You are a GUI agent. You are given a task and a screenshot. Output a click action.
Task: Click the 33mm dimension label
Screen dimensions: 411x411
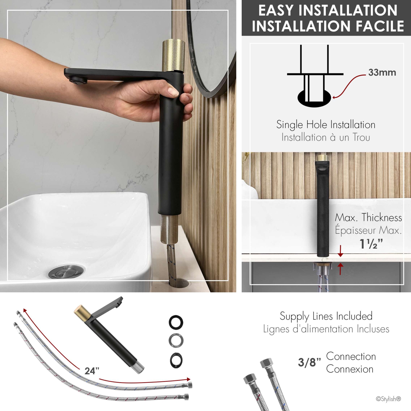[382, 73]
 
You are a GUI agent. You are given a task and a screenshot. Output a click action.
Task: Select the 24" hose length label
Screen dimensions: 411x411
[92, 371]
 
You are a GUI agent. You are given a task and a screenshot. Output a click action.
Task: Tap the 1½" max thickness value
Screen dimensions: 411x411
[371, 244]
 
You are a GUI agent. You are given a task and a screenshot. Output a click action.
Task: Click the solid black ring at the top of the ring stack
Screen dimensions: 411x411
[176, 322]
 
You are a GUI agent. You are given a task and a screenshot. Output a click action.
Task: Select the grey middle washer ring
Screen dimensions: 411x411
[176, 341]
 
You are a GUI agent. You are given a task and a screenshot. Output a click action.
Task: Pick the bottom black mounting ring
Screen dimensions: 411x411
[176, 360]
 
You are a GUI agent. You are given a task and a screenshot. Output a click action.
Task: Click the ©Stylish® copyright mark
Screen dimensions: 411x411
[388, 399]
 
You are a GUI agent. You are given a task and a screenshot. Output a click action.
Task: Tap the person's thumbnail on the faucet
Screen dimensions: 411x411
[173, 92]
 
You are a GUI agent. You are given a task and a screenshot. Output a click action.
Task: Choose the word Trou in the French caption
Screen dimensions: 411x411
[361, 137]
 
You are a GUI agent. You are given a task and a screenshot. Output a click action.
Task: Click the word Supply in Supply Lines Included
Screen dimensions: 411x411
[294, 316]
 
